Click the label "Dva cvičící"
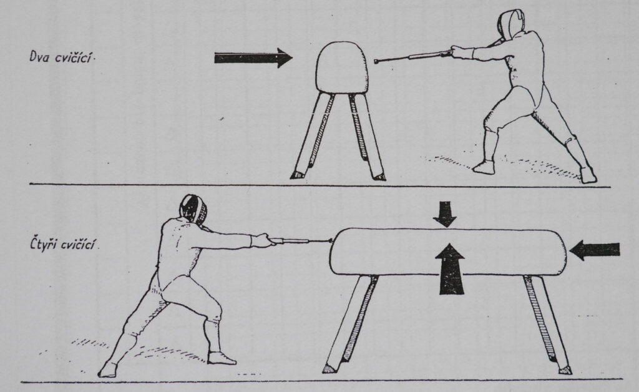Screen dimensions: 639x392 point(62,57)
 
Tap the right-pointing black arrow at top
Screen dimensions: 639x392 point(253,58)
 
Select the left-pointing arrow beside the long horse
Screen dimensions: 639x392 point(594,250)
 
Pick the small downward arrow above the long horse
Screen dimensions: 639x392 point(444,214)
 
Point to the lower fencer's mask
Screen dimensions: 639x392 point(193,208)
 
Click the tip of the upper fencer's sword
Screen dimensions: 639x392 point(376,62)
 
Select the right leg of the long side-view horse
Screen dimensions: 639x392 point(546,323)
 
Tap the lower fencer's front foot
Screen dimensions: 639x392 point(222,358)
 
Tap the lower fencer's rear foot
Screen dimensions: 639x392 point(107,369)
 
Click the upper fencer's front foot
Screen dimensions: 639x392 point(484,166)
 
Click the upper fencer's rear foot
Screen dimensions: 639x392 point(588,174)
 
